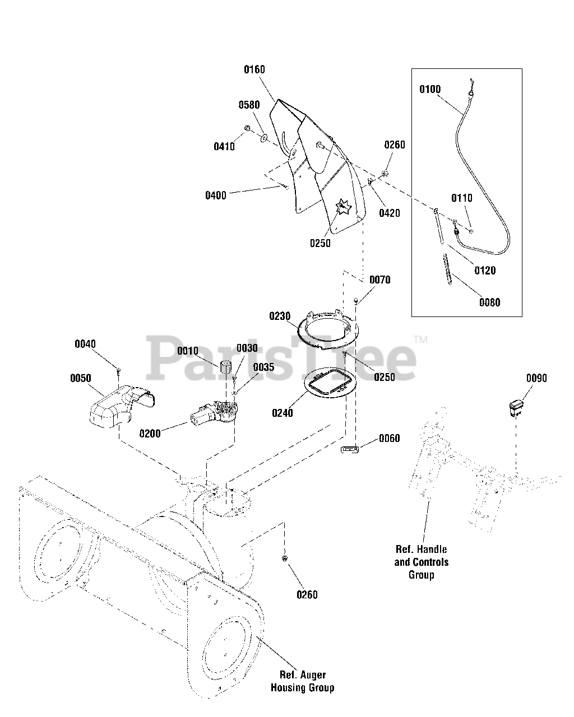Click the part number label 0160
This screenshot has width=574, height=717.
tap(254, 70)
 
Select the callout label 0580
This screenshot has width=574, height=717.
tap(249, 105)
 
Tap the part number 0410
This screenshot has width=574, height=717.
tap(224, 147)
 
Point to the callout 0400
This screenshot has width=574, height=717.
tap(216, 195)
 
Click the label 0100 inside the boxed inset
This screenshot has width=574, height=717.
tap(430, 89)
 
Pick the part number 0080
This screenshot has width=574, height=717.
tap(489, 302)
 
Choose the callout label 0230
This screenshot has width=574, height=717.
tap(280, 316)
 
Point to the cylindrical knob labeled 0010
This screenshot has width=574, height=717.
tap(225, 368)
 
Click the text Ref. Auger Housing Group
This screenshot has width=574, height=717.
tap(302, 682)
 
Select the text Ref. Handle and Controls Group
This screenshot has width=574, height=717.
tap(421, 562)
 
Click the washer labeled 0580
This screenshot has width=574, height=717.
tap(263, 136)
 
